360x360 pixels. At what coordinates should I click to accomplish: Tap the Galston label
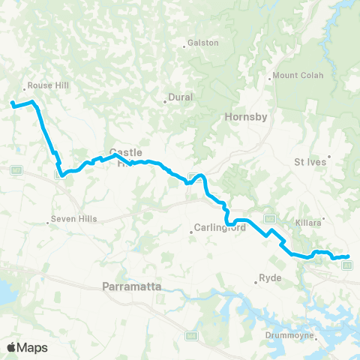coord(203,43)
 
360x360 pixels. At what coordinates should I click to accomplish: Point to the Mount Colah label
coord(295,75)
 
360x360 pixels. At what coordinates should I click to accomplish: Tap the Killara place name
coord(329,223)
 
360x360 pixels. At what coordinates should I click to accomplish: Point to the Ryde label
coord(271,278)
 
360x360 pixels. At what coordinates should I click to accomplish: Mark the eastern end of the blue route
coord(347,257)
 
